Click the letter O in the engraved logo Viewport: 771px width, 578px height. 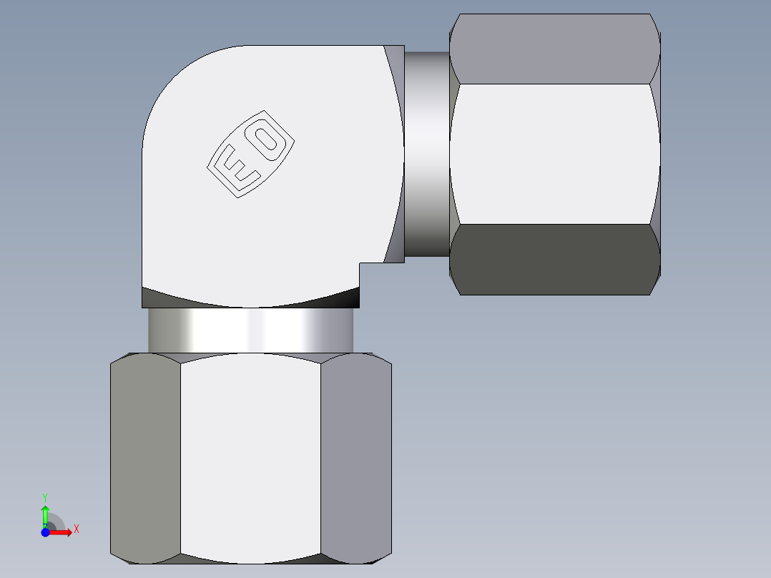click(270, 139)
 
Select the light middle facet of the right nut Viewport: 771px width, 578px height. click(554, 154)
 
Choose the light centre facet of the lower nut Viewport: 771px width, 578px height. click(250, 458)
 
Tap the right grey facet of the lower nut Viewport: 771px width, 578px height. click(355, 458)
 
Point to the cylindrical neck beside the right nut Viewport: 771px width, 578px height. click(427, 154)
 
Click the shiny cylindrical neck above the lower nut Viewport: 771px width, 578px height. click(250, 330)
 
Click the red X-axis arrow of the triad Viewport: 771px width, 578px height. click(63, 532)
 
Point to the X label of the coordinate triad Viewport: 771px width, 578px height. click(76, 529)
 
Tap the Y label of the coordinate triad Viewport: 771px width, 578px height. click(45, 496)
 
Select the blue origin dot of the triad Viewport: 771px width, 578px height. click(45, 532)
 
